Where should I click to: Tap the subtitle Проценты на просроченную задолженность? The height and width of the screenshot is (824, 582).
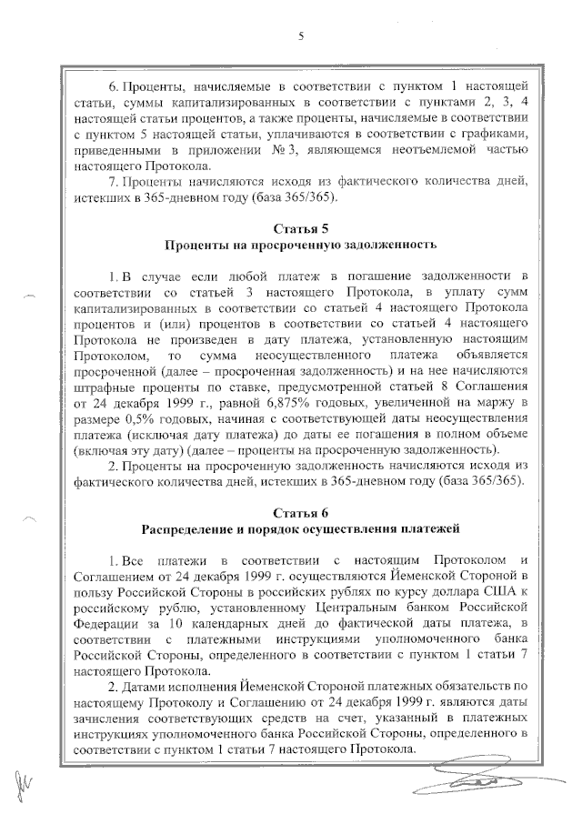[x=300, y=245]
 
